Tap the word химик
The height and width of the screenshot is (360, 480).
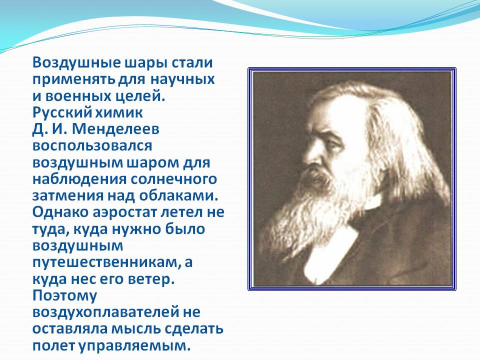pos(119,112)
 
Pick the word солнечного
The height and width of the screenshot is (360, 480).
pos(173,179)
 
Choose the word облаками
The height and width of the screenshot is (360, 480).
pos(178,196)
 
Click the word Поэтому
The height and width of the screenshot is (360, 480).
pos(64,295)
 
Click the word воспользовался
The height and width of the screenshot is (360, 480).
pos(92,145)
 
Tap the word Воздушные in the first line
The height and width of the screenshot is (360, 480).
pos(76,62)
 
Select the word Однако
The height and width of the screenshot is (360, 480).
pos(60,212)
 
